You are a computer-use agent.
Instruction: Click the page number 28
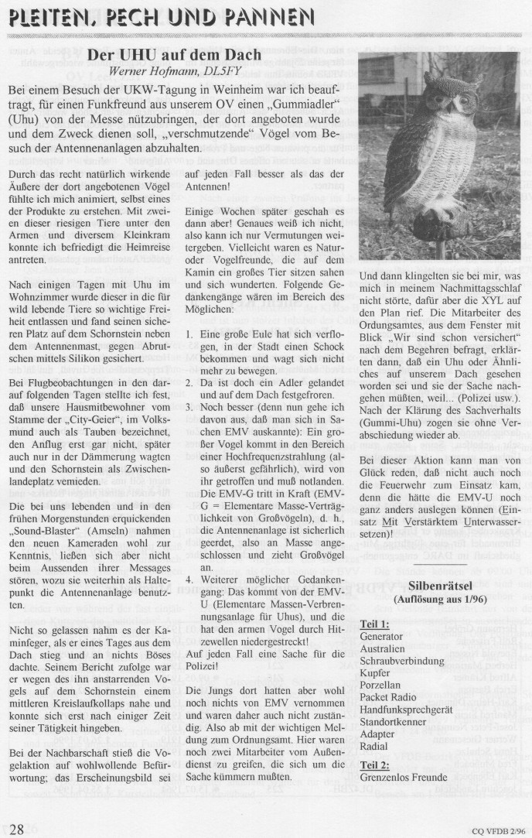pos(16,829)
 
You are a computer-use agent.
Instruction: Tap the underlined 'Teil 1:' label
pos(375,623)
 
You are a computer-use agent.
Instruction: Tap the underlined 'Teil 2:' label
pos(375,764)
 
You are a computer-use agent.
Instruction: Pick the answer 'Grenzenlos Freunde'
pos(404,776)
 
